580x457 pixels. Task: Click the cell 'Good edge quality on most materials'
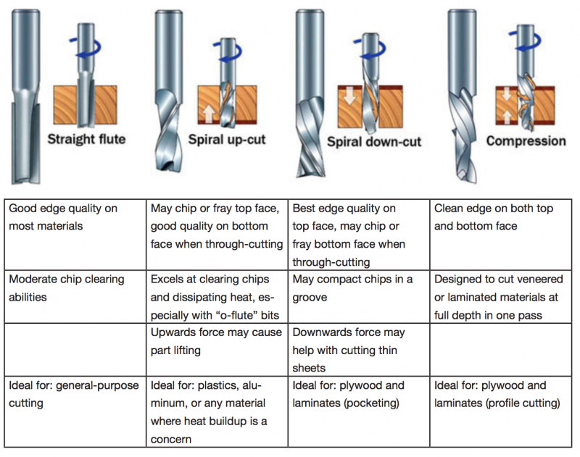tap(72, 217)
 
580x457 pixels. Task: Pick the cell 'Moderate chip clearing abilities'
tap(72, 288)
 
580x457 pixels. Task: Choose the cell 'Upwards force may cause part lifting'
tap(215, 341)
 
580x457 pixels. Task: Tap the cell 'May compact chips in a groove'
tap(358, 288)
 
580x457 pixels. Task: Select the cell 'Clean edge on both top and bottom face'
tap(500, 217)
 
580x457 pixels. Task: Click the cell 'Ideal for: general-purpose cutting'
tap(72, 393)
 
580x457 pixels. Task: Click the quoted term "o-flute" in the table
tap(233, 314)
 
